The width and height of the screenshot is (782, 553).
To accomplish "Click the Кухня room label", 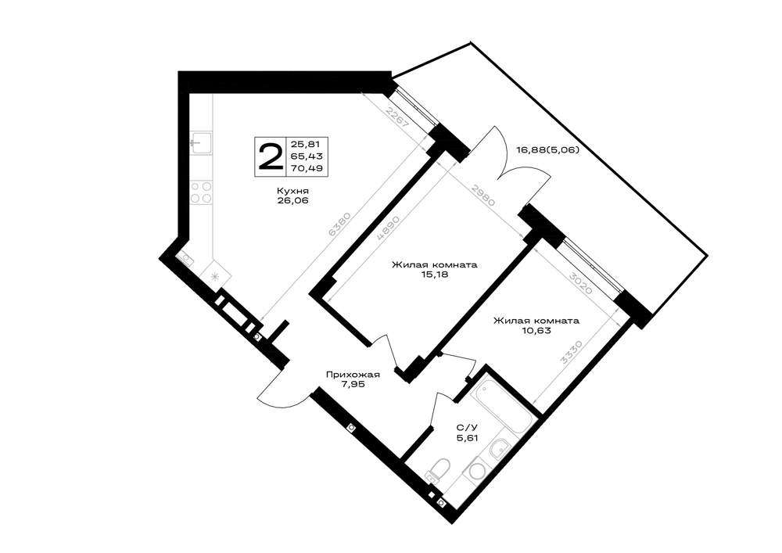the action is [x=293, y=191].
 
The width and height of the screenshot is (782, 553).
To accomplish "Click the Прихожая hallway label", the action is [x=353, y=375].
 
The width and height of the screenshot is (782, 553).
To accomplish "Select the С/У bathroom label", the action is [x=468, y=427].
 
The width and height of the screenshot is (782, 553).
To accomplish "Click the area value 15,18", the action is [x=434, y=274].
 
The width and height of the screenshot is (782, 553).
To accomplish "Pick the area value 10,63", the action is [x=536, y=330].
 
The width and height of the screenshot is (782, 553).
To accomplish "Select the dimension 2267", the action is [x=397, y=119].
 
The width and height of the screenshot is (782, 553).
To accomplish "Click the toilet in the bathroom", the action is [x=438, y=469].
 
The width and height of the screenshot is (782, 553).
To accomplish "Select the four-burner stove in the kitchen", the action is [x=202, y=192].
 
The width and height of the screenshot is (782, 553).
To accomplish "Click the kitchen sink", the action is [x=202, y=142].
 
